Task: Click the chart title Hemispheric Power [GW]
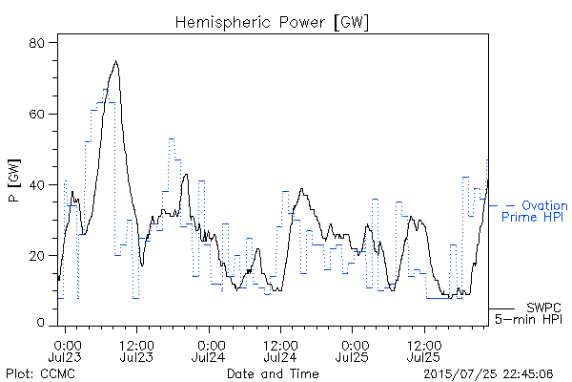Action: (272, 22)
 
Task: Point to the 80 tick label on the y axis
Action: (36, 43)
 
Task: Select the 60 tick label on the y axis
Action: (36, 114)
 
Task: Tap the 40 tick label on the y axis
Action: (36, 184)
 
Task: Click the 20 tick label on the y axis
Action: (36, 256)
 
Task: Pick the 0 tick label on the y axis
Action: (40, 323)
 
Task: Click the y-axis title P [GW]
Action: (14, 180)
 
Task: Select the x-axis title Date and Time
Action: (273, 373)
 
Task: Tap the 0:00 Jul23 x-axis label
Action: (65, 350)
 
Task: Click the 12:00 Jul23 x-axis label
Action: (136, 350)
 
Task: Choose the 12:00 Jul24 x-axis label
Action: (280, 350)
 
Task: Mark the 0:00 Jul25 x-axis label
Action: (352, 350)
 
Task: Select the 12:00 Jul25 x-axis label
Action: (424, 350)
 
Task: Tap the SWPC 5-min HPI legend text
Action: (528, 313)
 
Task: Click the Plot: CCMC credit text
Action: (40, 373)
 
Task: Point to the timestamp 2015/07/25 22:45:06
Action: (488, 373)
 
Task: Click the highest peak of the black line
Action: (116, 61)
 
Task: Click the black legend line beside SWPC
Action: (501, 308)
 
